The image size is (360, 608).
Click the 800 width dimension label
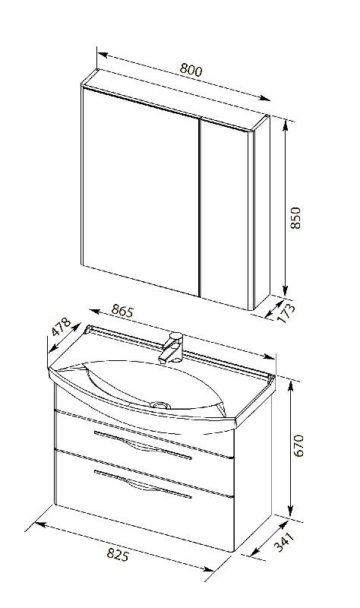coord(191,69)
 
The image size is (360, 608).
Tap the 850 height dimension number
coord(295,218)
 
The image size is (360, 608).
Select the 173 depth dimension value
coord(286,313)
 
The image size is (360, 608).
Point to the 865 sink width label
coord(122,311)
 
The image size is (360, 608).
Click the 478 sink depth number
coord(62,327)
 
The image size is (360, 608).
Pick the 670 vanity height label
coord(298,446)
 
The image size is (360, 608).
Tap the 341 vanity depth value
coord(284,542)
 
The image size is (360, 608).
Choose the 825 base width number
coord(118,555)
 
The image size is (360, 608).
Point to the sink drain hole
coord(160,405)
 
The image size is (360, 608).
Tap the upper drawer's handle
coord(143,445)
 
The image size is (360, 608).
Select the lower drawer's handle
coord(143,484)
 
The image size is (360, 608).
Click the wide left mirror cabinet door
coord(141,191)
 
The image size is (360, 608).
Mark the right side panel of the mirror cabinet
coord(262,212)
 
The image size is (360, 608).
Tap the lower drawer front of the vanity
coord(144,500)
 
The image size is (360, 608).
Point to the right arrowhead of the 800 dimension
coord(266,99)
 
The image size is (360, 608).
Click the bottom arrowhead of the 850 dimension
coord(286,291)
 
